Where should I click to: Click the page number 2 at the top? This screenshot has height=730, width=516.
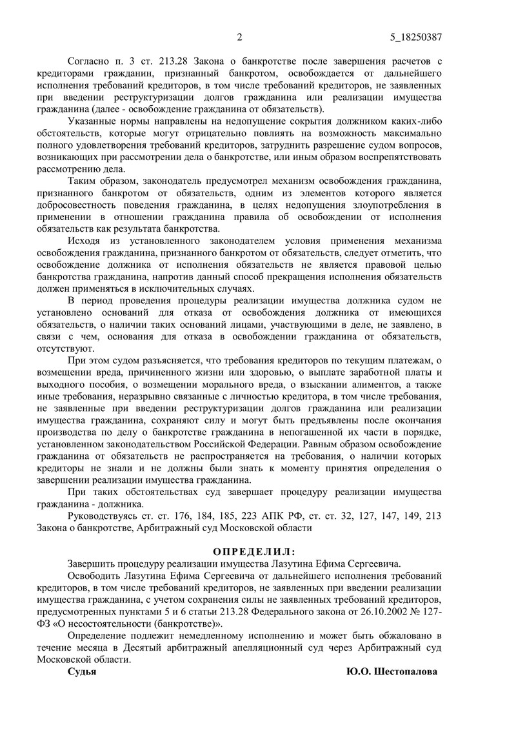coord(239,37)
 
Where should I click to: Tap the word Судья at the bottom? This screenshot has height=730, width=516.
coord(83,671)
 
